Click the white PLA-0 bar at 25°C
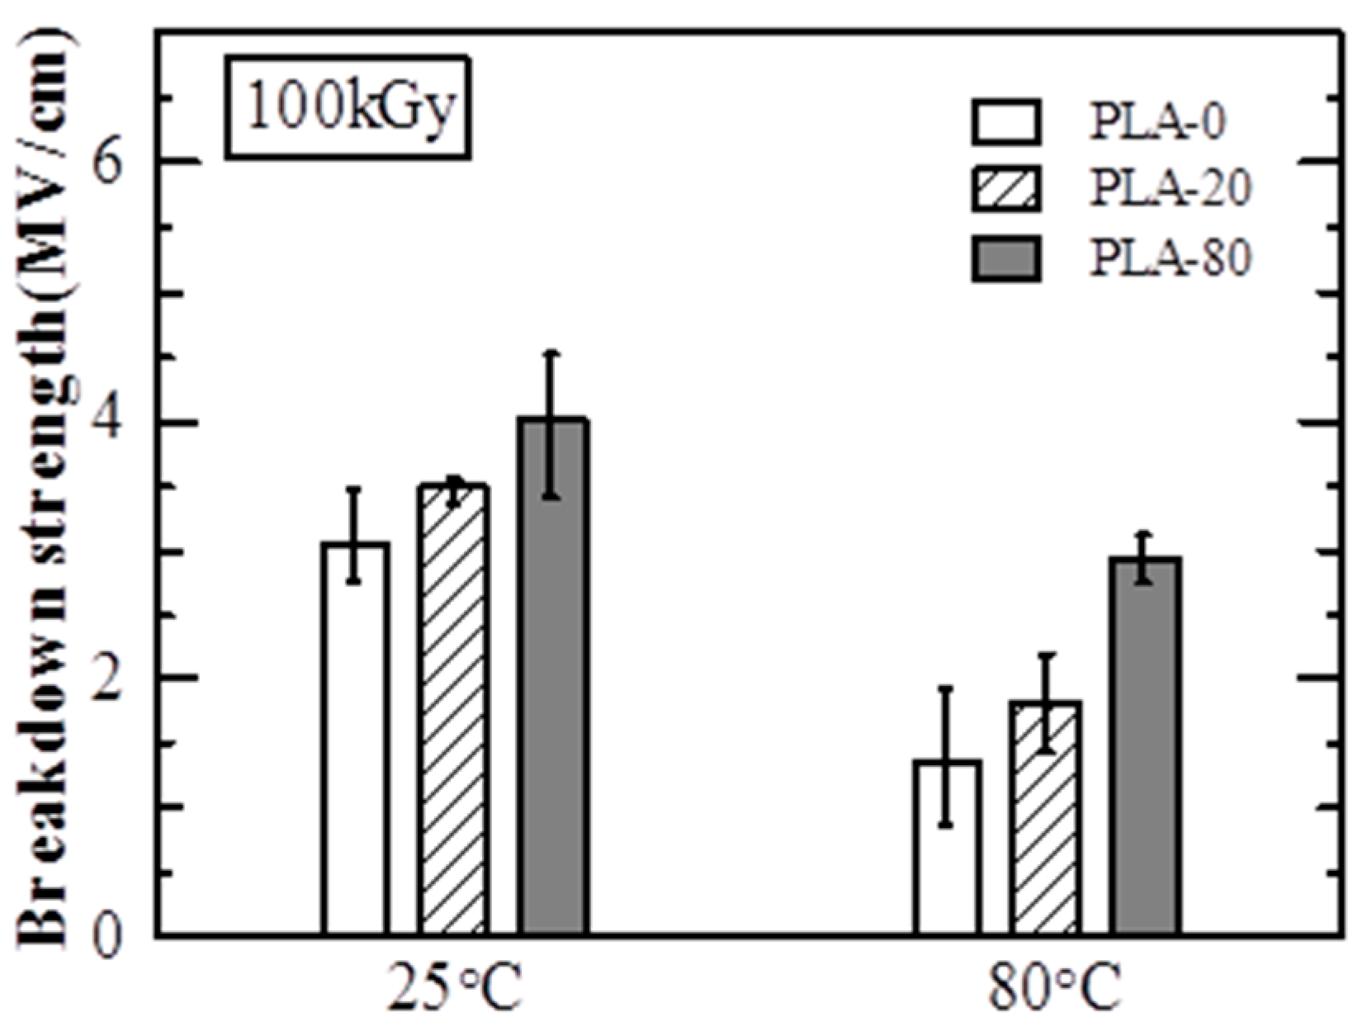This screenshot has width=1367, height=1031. [355, 743]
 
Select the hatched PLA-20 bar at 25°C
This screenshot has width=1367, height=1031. [452, 710]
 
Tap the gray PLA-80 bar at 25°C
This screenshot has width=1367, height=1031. [553, 677]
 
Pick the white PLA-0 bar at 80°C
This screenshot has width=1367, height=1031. [947, 850]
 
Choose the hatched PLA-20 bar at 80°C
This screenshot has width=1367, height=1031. [1044, 817]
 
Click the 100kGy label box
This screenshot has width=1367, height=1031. [348, 107]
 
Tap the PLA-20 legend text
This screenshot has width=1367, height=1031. [1171, 188]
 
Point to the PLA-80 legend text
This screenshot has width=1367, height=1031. [1171, 258]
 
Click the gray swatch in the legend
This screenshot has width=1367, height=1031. [1005, 258]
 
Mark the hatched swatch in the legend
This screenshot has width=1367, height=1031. [1005, 189]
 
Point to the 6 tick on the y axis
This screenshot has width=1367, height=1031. [108, 164]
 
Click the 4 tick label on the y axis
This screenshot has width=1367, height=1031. [108, 423]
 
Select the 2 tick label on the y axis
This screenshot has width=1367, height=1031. [108, 679]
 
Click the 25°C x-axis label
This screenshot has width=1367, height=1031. [454, 989]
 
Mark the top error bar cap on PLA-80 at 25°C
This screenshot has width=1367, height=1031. [552, 353]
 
